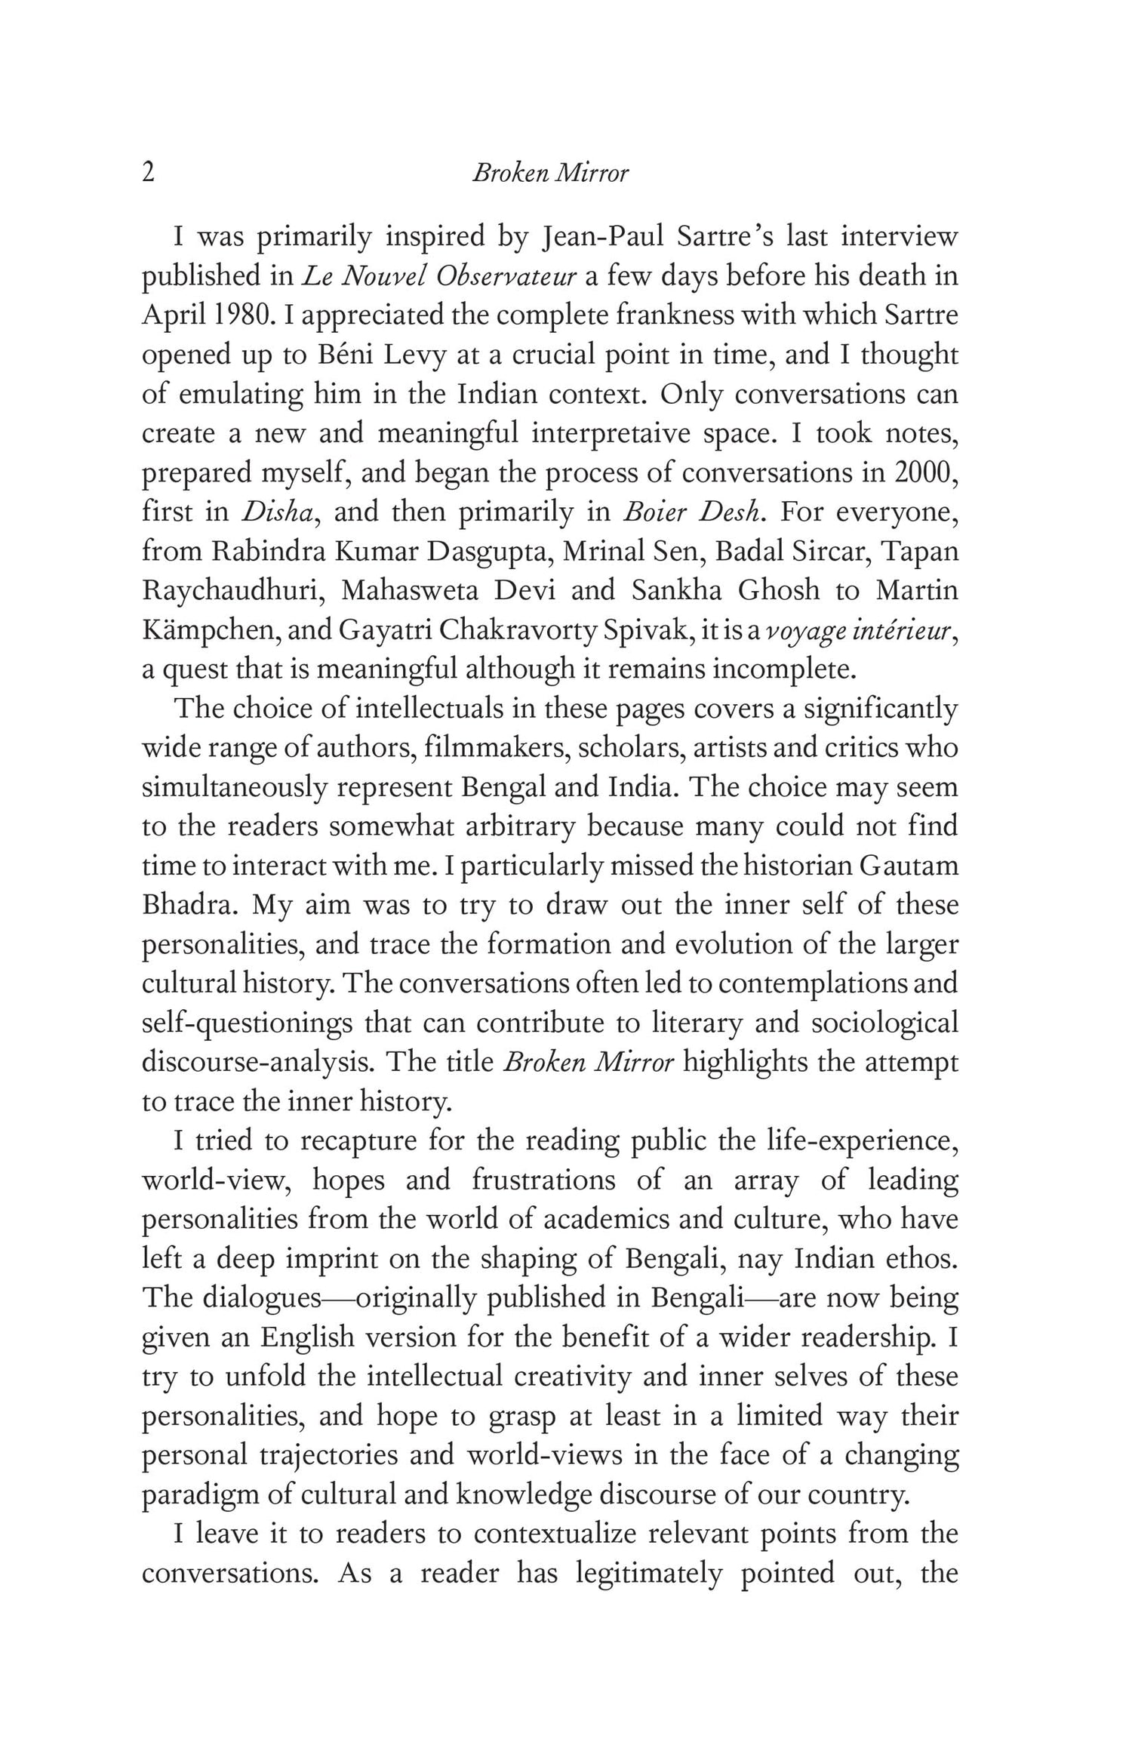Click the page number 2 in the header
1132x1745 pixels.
point(149,174)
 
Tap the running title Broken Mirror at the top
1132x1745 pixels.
point(550,174)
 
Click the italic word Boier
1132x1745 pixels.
point(653,512)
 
